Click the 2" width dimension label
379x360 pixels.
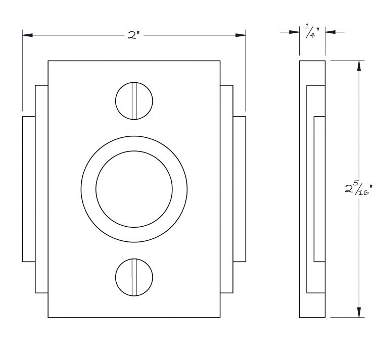[134, 35]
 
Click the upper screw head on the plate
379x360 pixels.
[134, 100]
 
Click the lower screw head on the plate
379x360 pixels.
[134, 277]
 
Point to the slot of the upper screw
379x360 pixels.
[134, 100]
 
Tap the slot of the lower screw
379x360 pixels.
[134, 277]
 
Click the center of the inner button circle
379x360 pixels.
[134, 189]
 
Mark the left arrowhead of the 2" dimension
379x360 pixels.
[27, 35]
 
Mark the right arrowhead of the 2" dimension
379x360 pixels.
[241, 35]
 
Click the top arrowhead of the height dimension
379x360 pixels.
[359, 66]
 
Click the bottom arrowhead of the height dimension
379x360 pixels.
[359, 312]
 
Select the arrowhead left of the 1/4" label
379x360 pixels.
[295, 32]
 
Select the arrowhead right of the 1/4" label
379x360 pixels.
[330, 32]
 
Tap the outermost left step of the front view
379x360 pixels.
[29, 189]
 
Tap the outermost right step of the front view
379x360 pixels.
[240, 189]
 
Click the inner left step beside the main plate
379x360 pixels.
[41, 189]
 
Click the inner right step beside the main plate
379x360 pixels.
[227, 189]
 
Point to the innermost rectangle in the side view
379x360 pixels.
[319, 189]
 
